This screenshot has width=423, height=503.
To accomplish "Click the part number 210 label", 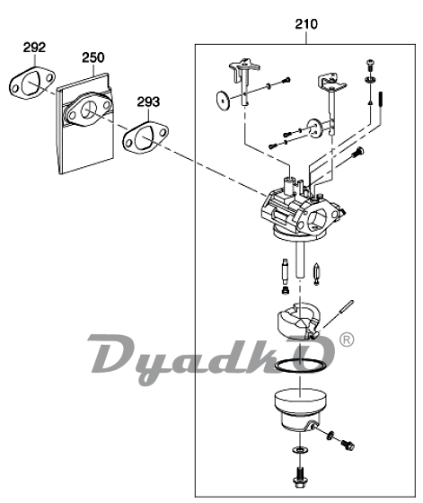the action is [306, 24].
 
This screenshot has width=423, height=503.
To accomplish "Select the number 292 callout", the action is [34, 48].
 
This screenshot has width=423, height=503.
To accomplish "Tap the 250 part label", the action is [93, 57].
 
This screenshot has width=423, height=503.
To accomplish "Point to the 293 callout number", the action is [148, 102].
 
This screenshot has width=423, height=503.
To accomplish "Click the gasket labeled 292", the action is [17, 87].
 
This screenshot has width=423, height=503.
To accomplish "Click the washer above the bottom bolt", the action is [300, 449].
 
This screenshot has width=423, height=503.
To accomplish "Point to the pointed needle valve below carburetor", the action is [316, 274].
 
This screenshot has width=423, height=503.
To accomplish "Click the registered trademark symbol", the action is [347, 340].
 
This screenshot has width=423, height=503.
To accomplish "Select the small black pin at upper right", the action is [381, 101].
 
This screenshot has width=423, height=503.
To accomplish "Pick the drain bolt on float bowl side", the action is [348, 445].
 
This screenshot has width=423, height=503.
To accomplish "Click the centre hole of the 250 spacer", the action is [87, 110].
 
